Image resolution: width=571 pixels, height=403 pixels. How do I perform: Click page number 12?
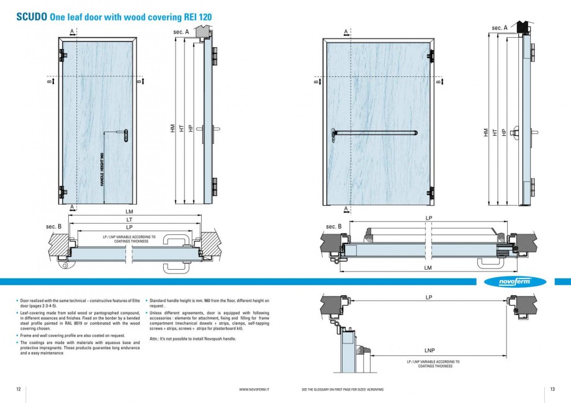tap(19, 389)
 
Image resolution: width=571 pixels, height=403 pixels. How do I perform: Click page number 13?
tap(552, 389)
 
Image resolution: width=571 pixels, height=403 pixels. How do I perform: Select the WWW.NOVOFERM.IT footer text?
tap(258, 389)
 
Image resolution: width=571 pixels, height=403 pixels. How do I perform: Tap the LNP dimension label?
tap(429, 350)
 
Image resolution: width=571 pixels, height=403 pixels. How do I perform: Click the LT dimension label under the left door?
tap(129, 219)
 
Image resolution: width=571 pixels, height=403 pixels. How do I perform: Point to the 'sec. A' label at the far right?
tap(499, 28)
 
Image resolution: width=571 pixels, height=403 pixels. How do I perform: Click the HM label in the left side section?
tap(172, 128)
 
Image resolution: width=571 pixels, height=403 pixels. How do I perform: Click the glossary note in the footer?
tap(342, 389)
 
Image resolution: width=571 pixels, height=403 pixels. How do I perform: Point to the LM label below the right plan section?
tap(428, 267)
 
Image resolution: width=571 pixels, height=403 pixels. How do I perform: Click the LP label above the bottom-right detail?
tap(429, 298)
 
